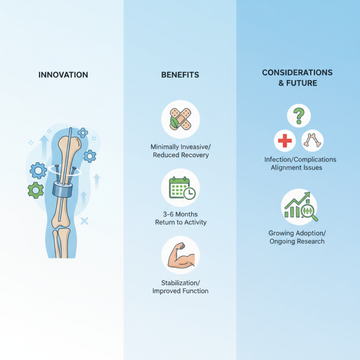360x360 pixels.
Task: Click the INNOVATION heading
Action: tap(63, 75)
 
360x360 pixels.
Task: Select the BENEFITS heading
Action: tap(180, 75)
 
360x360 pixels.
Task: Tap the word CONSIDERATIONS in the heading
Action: tap(297, 72)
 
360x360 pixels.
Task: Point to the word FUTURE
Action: tap(301, 83)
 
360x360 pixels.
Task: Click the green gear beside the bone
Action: tap(36, 190)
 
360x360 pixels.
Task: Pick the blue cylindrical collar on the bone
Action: tap(63, 189)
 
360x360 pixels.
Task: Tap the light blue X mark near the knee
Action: tap(84, 221)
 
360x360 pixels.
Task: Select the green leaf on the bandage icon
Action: tap(174, 122)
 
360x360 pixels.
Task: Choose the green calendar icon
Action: tap(180, 187)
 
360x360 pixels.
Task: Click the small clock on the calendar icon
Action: tap(189, 193)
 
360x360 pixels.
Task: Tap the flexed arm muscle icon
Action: tap(181, 255)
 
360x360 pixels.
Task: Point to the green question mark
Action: tap(299, 116)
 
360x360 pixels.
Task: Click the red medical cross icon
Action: tap(285, 140)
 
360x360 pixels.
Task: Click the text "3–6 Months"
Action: tap(180, 215)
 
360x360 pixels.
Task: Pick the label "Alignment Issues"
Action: tap(297, 167)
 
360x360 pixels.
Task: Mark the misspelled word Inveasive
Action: tap(195, 147)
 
